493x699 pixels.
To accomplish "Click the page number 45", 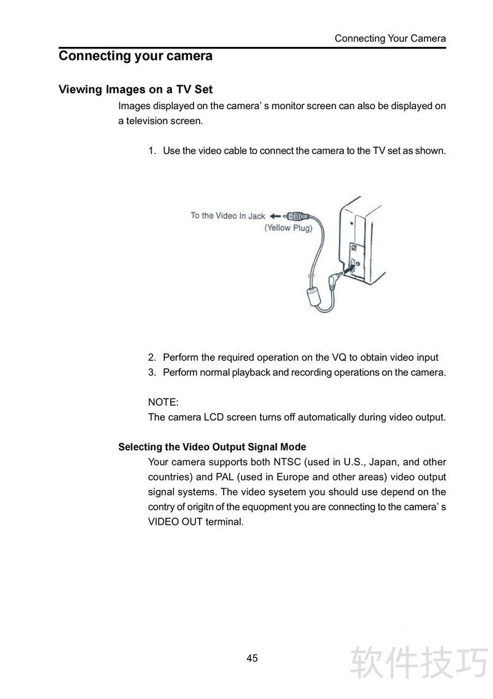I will (x=252, y=658).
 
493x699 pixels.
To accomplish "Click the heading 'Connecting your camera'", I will (x=136, y=56).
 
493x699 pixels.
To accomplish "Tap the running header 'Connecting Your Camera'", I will (x=390, y=38).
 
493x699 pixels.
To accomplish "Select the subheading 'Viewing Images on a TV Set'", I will (x=136, y=89).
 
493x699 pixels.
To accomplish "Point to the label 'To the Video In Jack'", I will (x=227, y=215).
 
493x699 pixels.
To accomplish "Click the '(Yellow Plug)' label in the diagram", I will (x=288, y=228).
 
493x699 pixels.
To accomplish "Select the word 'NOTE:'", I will (x=163, y=402).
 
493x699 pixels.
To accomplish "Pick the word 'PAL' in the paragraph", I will (x=205, y=477).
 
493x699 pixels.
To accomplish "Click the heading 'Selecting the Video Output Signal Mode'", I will (x=212, y=447).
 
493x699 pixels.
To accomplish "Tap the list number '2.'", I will (x=152, y=357).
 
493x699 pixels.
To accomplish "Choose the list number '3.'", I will (x=152, y=372).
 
